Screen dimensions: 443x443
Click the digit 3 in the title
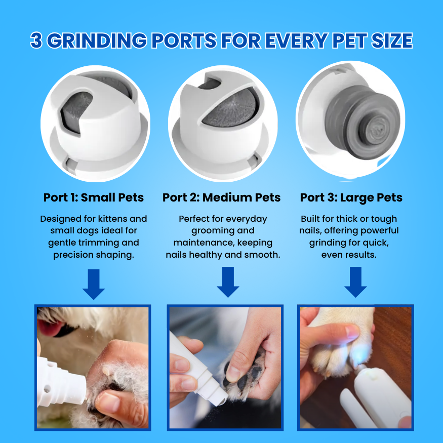pyautogui.click(x=36, y=41)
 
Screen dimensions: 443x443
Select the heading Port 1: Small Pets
pyautogui.click(x=93, y=197)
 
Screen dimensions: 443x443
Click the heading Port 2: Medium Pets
pyautogui.click(x=221, y=197)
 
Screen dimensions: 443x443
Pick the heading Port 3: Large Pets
pyautogui.click(x=351, y=197)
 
